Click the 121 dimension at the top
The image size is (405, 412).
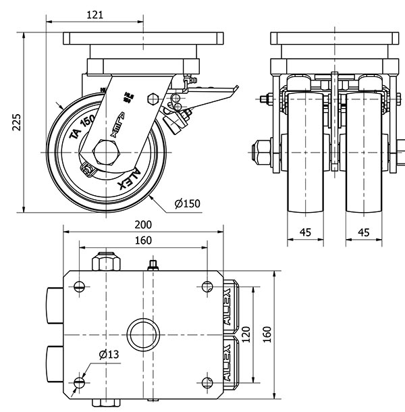click(95, 14)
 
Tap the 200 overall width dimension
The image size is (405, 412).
click(143, 224)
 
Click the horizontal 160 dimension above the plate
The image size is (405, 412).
click(142, 240)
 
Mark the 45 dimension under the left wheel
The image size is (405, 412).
click(305, 232)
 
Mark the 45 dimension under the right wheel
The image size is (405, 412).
click(363, 232)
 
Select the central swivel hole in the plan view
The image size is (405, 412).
click(143, 333)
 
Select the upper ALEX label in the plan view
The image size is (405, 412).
click(227, 304)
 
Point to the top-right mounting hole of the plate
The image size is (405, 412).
click(207, 286)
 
